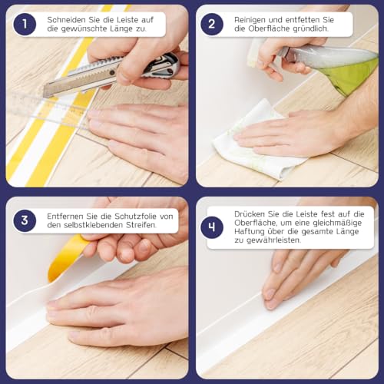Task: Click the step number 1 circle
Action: (x=25, y=24)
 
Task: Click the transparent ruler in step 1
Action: (x=46, y=108)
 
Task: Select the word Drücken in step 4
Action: (x=253, y=212)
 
